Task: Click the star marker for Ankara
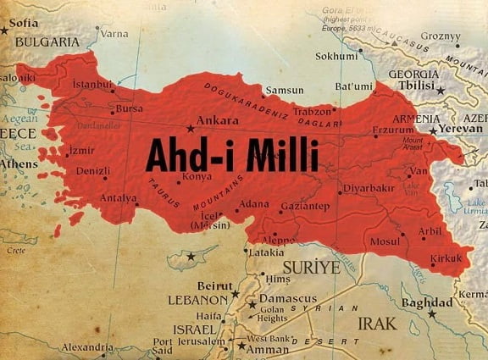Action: tap(190, 129)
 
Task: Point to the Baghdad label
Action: tap(427, 303)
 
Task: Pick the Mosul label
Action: tap(385, 242)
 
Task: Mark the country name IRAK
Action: tap(376, 324)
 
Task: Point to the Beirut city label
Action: tap(214, 285)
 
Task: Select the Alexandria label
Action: tap(87, 347)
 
